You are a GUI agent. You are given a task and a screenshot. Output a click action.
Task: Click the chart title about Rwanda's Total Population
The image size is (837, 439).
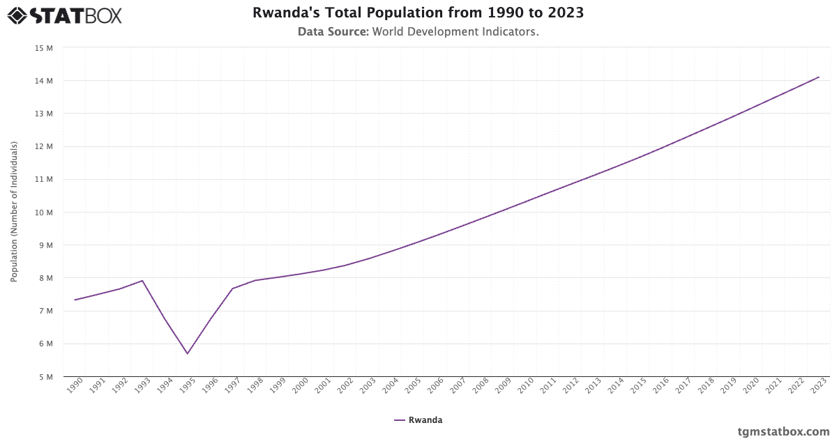(418, 13)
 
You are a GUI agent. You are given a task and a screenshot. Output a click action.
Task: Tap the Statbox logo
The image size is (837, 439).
(65, 15)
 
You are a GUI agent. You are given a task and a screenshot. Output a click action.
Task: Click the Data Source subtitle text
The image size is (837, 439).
(418, 31)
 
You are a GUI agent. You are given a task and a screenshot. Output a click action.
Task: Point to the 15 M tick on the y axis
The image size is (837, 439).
(44, 48)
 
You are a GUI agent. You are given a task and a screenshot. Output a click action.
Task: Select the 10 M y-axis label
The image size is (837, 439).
(44, 213)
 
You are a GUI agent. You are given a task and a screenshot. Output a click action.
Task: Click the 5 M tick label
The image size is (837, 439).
(46, 377)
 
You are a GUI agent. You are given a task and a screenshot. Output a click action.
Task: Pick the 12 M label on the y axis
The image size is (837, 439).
(44, 146)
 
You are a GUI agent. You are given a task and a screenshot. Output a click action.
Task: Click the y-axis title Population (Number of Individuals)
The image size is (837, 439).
(14, 212)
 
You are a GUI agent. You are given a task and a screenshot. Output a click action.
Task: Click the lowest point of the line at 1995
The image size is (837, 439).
(187, 354)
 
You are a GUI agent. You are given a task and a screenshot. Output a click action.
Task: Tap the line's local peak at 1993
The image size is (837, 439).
(142, 281)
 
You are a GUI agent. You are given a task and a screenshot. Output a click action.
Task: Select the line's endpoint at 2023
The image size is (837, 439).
(819, 77)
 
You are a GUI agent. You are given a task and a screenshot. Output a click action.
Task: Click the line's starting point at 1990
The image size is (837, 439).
(75, 300)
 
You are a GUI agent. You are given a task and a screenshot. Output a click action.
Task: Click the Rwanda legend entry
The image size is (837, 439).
(418, 420)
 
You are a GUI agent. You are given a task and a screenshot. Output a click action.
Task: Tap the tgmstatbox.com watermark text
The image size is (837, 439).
(783, 431)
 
